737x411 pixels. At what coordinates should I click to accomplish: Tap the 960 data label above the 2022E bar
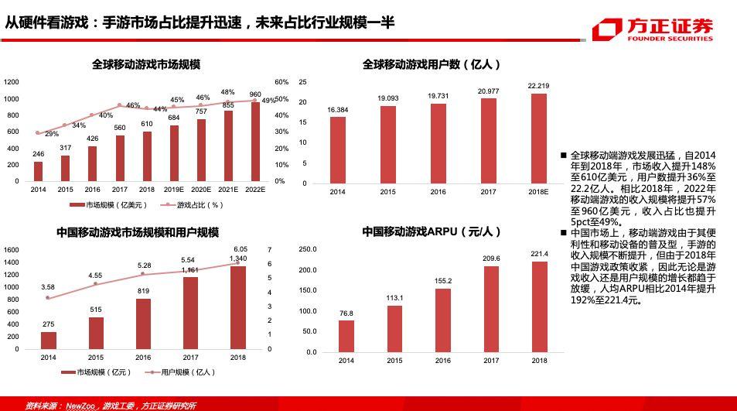255,94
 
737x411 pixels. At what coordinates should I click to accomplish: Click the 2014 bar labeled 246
38,170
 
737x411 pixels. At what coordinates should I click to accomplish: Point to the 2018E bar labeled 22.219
538,139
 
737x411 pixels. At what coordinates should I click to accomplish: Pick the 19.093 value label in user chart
388,98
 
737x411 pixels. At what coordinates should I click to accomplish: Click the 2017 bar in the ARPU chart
491,309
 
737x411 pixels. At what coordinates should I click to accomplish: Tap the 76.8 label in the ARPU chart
346,313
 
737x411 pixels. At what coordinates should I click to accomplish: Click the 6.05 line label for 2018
238,248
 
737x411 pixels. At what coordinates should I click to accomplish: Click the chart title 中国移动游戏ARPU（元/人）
432,231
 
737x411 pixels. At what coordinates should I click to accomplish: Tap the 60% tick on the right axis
281,82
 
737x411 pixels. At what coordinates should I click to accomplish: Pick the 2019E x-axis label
173,189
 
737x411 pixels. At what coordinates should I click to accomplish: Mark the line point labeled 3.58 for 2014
48,297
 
